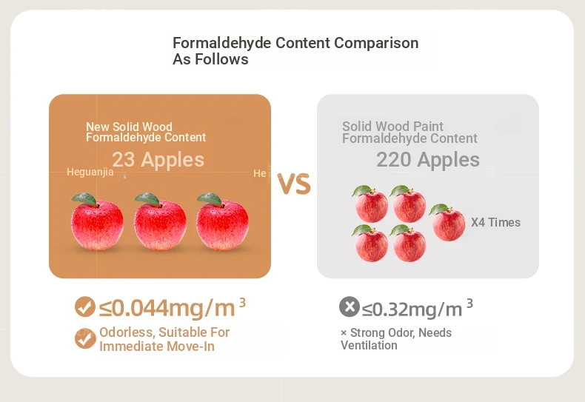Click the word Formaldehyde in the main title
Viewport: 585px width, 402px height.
[221, 43]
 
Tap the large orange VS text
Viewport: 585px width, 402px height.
[295, 184]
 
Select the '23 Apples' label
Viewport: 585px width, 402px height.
[158, 160]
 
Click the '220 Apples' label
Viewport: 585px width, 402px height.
[428, 160]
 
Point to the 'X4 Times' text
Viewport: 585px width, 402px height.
[495, 222]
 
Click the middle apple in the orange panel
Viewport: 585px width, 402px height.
[160, 222]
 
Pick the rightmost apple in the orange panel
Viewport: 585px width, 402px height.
[222, 222]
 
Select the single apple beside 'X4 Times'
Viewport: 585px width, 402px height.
[447, 223]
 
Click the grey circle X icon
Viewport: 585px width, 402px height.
[350, 307]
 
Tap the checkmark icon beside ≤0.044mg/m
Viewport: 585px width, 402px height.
[85, 307]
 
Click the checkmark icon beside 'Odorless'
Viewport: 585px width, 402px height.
[85, 338]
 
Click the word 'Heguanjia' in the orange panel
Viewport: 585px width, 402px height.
[90, 172]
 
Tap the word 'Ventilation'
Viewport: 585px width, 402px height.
[369, 345]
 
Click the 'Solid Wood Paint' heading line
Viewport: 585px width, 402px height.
[392, 126]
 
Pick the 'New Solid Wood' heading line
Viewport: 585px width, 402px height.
[129, 127]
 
